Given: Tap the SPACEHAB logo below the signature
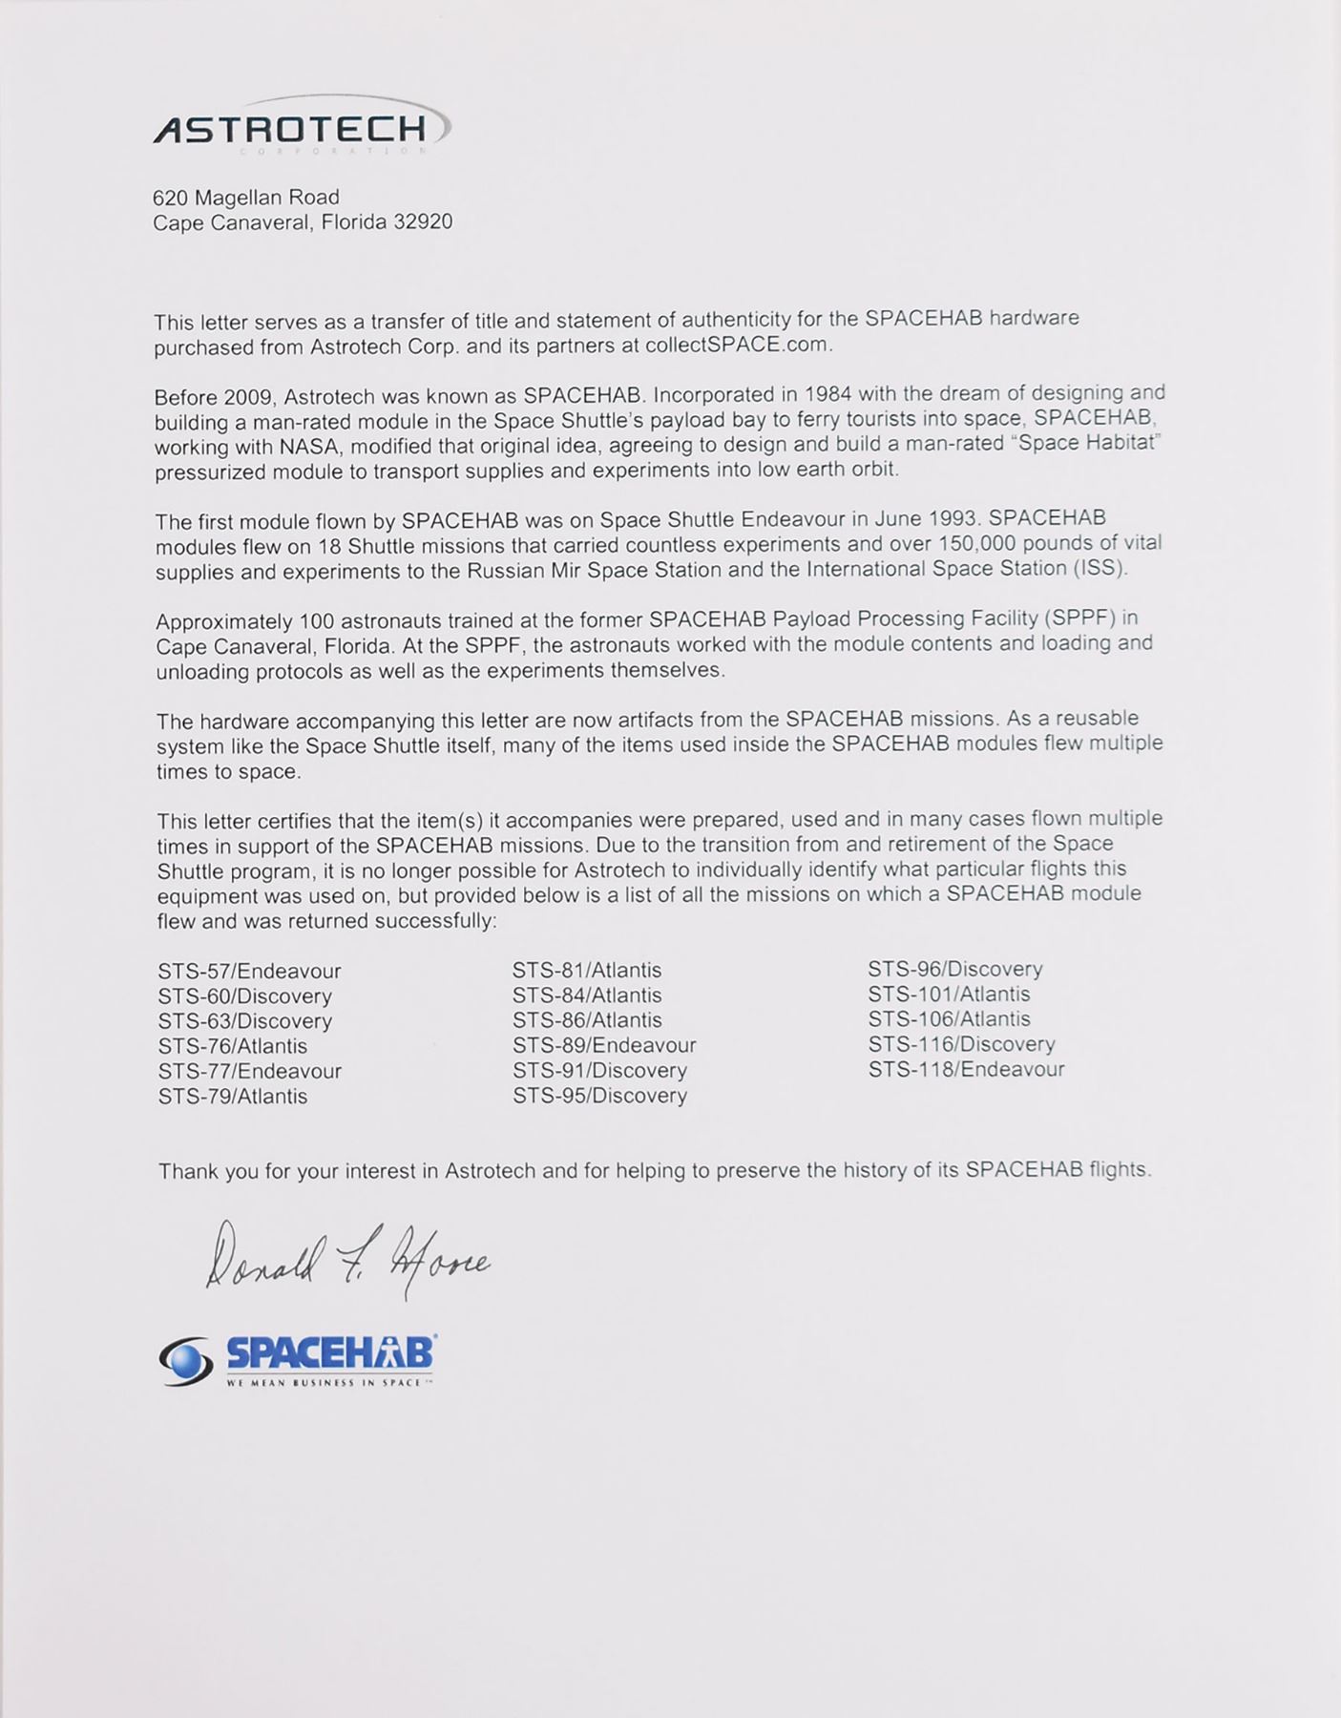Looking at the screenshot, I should point(299,1359).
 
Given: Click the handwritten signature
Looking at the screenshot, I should point(346,1258).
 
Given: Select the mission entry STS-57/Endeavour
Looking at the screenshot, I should point(249,972).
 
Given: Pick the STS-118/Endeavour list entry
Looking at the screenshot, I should point(966,1070).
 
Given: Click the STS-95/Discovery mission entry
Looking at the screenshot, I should point(599,1096).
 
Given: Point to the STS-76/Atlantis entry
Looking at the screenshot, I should point(233,1046).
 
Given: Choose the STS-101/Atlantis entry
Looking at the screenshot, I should point(949,995).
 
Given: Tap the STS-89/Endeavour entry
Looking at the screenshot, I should point(604,1045).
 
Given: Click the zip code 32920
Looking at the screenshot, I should point(423,222).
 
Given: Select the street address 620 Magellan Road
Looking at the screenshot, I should point(246,198).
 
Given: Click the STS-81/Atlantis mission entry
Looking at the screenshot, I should point(587,971).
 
